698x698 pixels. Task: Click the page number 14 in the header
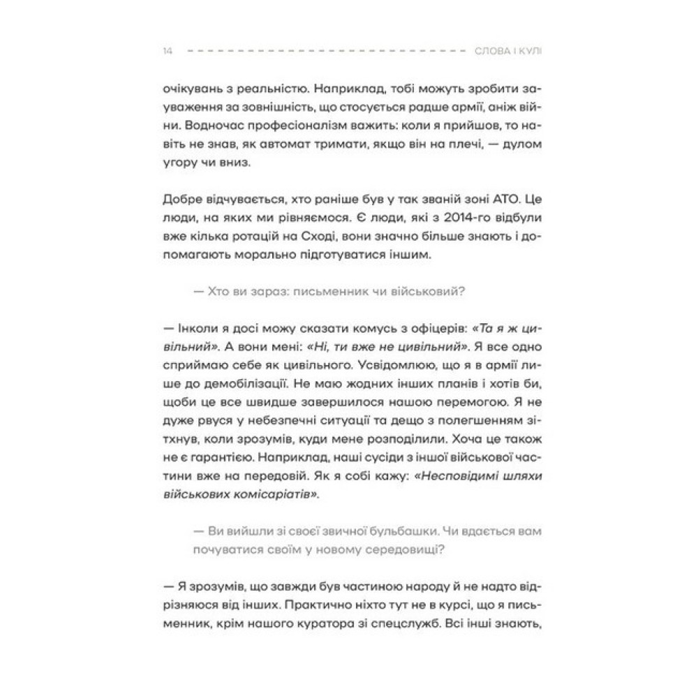pos(168,51)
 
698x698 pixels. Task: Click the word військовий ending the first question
pos(429,293)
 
